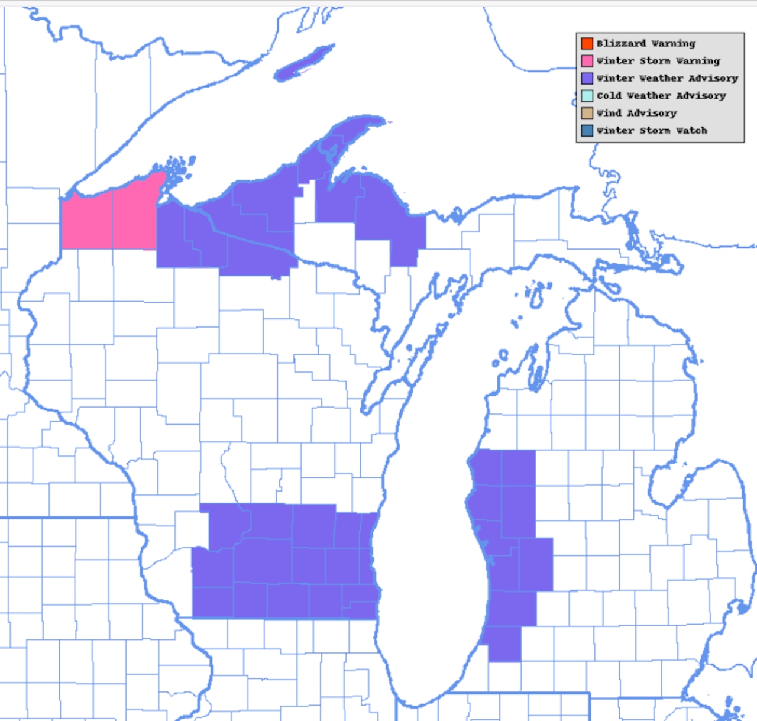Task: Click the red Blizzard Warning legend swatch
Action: pyautogui.click(x=587, y=43)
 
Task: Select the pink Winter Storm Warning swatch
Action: pyautogui.click(x=587, y=60)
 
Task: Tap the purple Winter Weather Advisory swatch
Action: pyautogui.click(x=587, y=78)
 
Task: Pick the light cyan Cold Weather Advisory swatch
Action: pyautogui.click(x=587, y=95)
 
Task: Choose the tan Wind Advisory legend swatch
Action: pyautogui.click(x=587, y=113)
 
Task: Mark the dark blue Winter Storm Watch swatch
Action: pyautogui.click(x=587, y=130)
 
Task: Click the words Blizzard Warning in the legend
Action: pyautogui.click(x=646, y=43)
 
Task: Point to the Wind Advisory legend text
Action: pyautogui.click(x=636, y=113)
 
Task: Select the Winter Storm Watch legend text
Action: pyautogui.click(x=652, y=130)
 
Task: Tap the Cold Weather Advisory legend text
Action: pyautogui.click(x=661, y=95)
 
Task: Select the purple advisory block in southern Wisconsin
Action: pyautogui.click(x=284, y=562)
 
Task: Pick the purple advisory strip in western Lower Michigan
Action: pyautogui.click(x=509, y=532)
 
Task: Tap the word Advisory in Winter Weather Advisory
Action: pyautogui.click(x=713, y=78)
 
